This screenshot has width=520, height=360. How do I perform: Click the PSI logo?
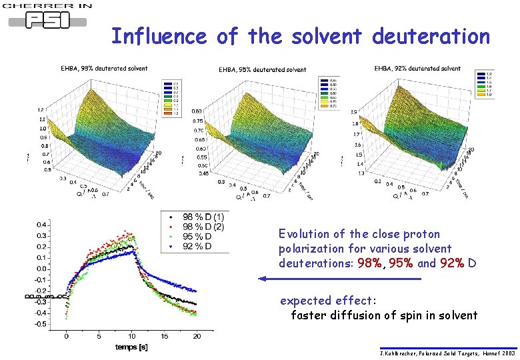click(47, 19)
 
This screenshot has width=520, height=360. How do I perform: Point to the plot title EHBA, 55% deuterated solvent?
click(263, 69)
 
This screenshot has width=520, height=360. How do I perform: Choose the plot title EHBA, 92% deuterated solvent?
click(417, 68)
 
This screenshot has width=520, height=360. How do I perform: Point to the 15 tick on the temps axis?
click(163, 337)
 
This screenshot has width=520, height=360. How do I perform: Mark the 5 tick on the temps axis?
click(99, 337)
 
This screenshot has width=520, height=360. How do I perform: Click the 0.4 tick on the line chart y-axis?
click(41, 224)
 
